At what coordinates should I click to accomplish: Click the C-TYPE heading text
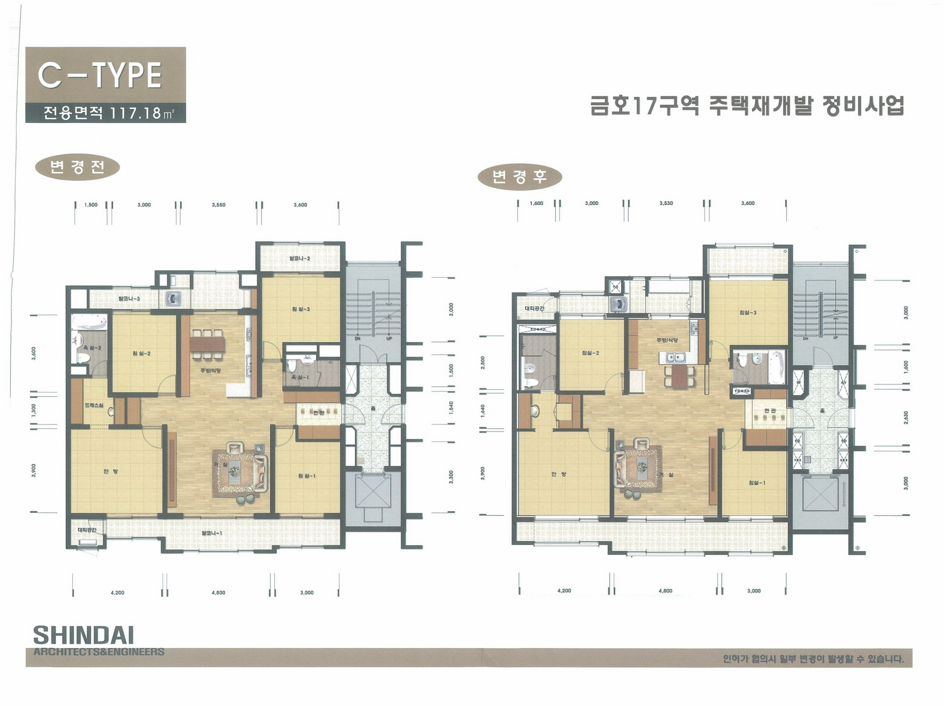[100, 75]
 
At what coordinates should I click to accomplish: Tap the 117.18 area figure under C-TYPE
[135, 113]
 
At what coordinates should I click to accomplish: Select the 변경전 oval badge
[77, 167]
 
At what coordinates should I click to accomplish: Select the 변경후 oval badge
[520, 177]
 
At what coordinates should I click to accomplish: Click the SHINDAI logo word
[84, 635]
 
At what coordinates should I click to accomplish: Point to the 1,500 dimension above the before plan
[91, 205]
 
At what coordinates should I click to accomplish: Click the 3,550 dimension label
[219, 205]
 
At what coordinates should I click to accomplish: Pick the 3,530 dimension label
[666, 203]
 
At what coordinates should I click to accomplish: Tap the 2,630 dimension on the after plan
[906, 417]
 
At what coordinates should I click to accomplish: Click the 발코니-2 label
[300, 258]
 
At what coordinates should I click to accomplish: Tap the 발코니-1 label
[211, 533]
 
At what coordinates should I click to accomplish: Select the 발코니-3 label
[129, 299]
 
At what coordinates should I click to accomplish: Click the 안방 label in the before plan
[110, 471]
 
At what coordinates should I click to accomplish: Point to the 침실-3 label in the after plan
[748, 313]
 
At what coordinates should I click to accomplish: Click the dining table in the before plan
[207, 343]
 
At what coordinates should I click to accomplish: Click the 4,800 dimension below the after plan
[665, 591]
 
